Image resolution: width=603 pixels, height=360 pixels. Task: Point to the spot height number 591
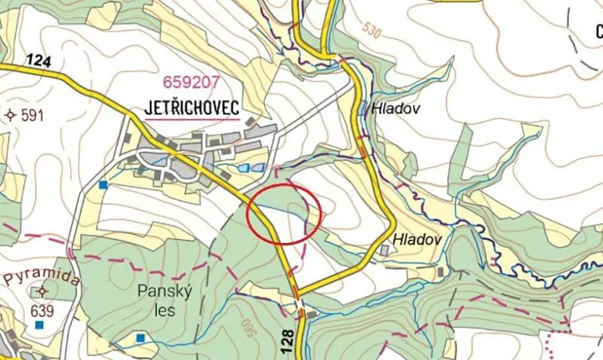pos(32,116)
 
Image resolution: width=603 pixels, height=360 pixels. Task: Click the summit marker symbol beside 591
pos(10,115)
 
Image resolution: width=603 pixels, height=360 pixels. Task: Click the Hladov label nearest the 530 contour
pos(395,108)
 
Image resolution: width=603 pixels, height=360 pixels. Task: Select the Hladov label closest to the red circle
pos(418,240)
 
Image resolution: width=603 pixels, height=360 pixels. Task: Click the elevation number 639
pos(42,312)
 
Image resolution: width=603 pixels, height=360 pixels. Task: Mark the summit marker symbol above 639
pos(42,292)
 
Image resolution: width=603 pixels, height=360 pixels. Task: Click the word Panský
pos(158,291)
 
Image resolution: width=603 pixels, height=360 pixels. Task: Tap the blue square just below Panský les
pos(140,337)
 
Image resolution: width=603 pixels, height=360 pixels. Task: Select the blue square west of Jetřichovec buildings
pos(103,185)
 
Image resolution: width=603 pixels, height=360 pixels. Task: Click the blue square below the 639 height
pos(39,325)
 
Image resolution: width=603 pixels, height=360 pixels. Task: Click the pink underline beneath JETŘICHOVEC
pos(192,120)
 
